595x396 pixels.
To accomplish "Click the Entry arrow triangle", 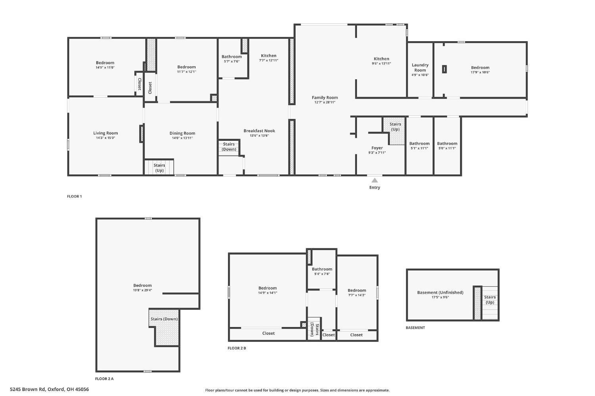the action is pos(374,180).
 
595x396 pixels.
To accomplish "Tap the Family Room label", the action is pos(324,98).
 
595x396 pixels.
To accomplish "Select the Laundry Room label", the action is pos(420,67).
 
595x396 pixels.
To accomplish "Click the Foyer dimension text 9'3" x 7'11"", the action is pos(377,153).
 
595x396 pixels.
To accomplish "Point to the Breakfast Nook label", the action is pos(259,130).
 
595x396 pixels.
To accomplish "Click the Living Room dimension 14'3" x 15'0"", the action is pos(106,138).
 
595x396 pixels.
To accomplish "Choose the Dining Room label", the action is pos(182,133).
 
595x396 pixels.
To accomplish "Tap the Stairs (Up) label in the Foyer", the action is pos(395,126).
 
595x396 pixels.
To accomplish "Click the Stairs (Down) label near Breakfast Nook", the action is pos(229,147).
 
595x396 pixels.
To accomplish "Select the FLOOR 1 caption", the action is pos(75,196).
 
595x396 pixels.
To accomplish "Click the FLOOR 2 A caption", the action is pos(104,379).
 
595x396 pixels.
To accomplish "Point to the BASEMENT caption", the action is pos(415,328).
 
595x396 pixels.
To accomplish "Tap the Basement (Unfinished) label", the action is pos(440,293).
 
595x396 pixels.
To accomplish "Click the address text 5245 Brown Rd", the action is pos(28,389).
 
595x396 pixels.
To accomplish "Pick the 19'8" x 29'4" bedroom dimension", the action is pos(142,290).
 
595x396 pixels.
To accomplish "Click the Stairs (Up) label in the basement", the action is pos(490,300).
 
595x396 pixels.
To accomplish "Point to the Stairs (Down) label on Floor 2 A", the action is pos(164,319).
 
